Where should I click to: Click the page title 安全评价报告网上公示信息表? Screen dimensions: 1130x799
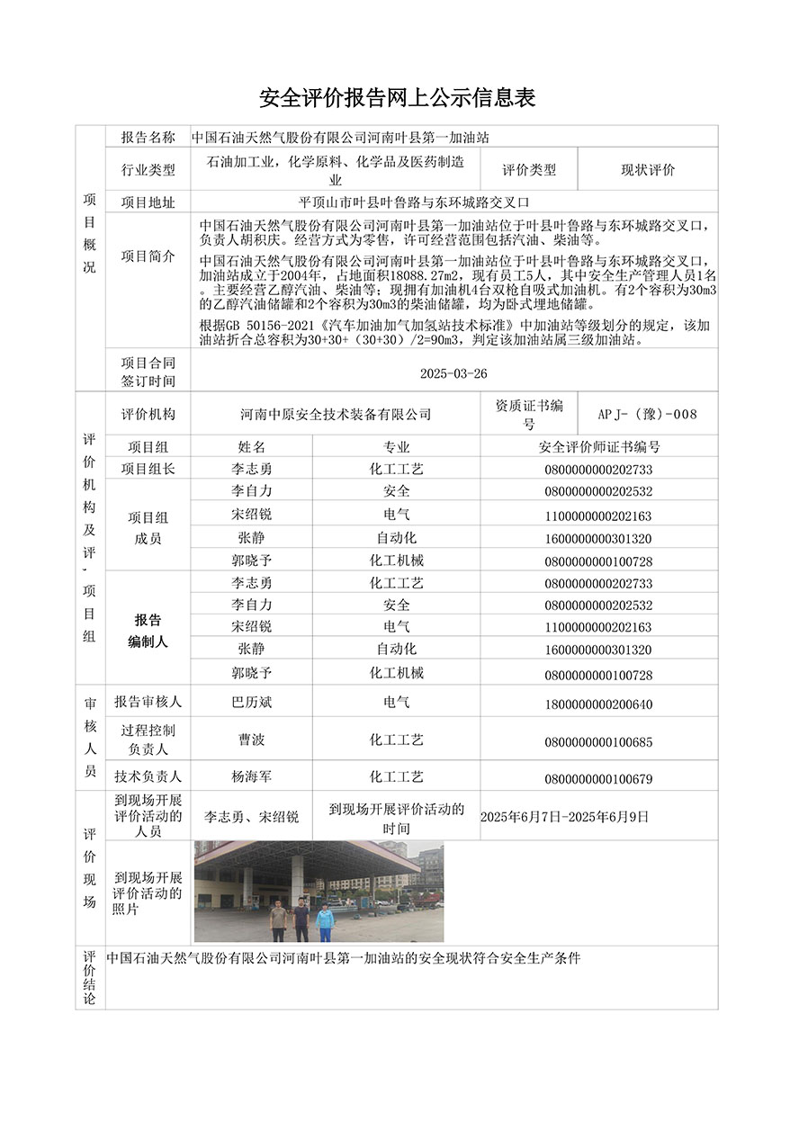pyautogui.click(x=399, y=97)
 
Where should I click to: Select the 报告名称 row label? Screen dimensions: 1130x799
pyautogui.click(x=148, y=138)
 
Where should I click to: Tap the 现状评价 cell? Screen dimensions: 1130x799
pyautogui.click(x=648, y=170)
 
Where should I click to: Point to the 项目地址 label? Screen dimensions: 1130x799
pyautogui.click(x=148, y=202)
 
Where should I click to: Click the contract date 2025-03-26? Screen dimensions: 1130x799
pyautogui.click(x=454, y=373)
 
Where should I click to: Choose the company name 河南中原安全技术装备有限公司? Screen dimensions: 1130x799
pyautogui.click(x=336, y=415)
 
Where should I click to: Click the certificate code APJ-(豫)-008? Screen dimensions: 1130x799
pyautogui.click(x=648, y=415)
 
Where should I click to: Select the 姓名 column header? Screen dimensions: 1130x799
pyautogui.click(x=252, y=447)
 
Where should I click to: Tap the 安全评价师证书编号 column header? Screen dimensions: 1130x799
pyautogui.click(x=599, y=447)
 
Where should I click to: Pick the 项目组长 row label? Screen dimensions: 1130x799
pyautogui.click(x=148, y=469)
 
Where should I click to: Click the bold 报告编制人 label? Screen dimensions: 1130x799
pyautogui.click(x=148, y=631)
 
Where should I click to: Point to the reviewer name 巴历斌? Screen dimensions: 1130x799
pyautogui.click(x=252, y=703)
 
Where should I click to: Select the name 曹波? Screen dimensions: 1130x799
pyautogui.click(x=252, y=740)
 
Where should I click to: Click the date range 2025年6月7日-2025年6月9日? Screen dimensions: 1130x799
pyautogui.click(x=565, y=818)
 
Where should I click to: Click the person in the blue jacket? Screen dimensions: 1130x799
pyautogui.click(x=325, y=919)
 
